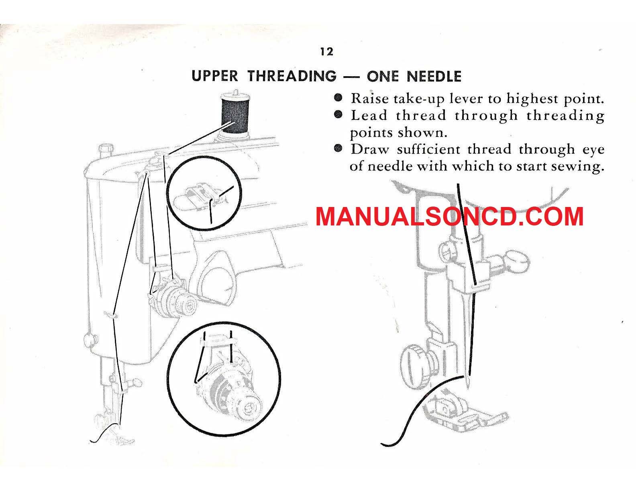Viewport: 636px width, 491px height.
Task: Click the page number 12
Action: coord(327,52)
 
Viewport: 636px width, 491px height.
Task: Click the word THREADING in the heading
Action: coord(292,76)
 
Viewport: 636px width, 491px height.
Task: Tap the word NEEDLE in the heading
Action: coord(434,76)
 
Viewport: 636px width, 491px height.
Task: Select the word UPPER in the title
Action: coord(214,76)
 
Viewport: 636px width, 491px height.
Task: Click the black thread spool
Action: coord(235,114)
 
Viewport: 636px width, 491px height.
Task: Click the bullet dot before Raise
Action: coord(338,97)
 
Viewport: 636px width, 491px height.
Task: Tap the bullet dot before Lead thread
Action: coord(338,114)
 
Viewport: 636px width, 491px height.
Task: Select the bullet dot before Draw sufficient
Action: coord(338,148)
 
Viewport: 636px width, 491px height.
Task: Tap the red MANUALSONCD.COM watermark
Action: coord(450,217)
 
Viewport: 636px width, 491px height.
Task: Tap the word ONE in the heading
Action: coord(382,76)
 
